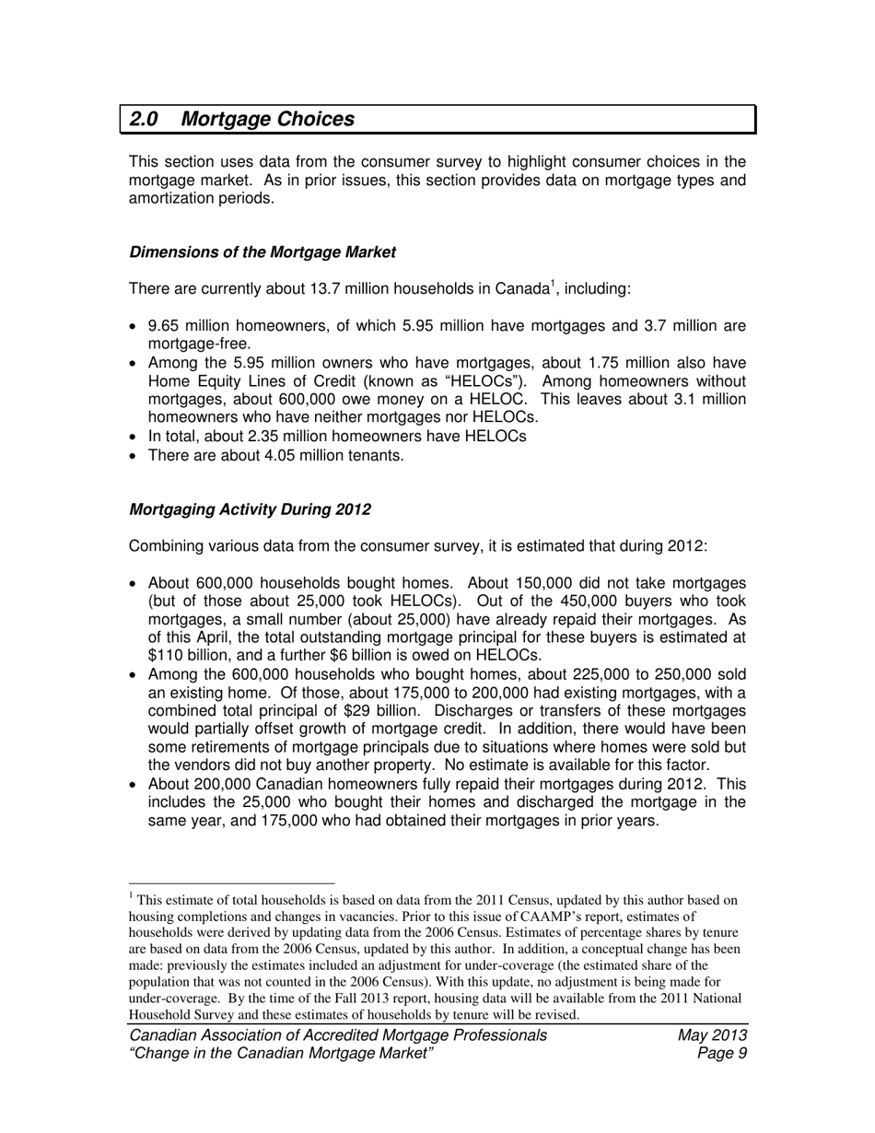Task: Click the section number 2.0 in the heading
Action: tap(144, 120)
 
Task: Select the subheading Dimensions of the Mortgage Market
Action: tap(262, 252)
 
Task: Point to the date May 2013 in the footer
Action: tap(711, 1035)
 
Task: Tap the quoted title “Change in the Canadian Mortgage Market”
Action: tap(282, 1054)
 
